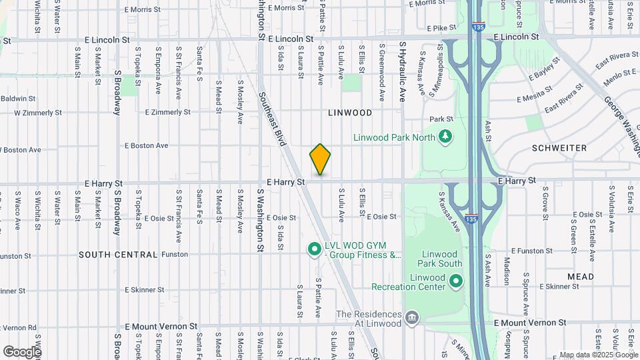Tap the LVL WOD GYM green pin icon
tap(314, 249)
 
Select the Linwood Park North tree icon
tap(445, 137)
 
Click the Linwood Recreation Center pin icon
tap(456, 281)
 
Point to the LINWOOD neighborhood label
tap(350, 113)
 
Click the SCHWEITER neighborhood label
tap(560, 147)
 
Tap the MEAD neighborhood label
tap(580, 276)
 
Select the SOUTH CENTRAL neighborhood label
tap(118, 255)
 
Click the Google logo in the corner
tap(21, 351)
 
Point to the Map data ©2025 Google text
tap(599, 355)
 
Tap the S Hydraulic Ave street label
tap(403, 71)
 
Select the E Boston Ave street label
tap(146, 145)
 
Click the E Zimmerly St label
tap(167, 112)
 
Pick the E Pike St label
tap(441, 28)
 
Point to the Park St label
tap(441, 119)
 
